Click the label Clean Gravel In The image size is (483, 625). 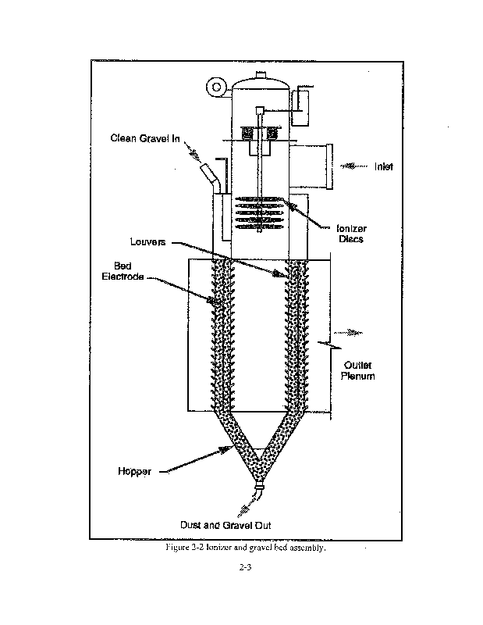pyautogui.click(x=145, y=139)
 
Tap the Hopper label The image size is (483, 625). pyautogui.click(x=133, y=472)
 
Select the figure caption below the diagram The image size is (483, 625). pyautogui.click(x=245, y=548)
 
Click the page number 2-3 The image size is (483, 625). pyautogui.click(x=244, y=568)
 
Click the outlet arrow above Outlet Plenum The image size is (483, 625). pyautogui.click(x=354, y=331)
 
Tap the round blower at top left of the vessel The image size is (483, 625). pyautogui.click(x=213, y=86)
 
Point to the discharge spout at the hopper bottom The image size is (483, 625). pyautogui.click(x=259, y=496)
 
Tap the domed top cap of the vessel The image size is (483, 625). pyautogui.click(x=261, y=81)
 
